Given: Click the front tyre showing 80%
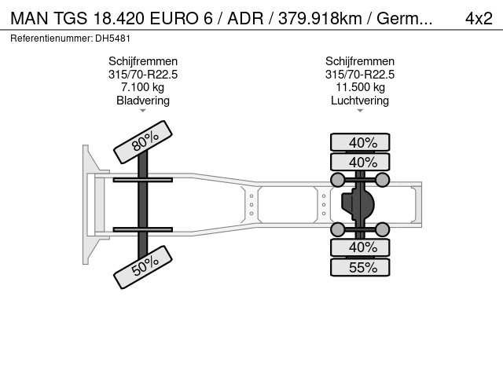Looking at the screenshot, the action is pos(143,142).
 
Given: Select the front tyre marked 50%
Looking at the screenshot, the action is pos(143,267).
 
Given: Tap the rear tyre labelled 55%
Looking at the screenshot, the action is pos(360,268).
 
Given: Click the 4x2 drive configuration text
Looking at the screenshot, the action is pos(479,19).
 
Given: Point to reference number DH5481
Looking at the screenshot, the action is pos(112,38).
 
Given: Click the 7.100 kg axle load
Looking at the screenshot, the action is pos(143,87).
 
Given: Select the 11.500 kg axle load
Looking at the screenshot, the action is pos(360,87).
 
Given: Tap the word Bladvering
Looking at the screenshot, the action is pos(143,101).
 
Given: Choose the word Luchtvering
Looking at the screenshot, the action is pos(360,101).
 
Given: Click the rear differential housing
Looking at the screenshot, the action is pos(358,204).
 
